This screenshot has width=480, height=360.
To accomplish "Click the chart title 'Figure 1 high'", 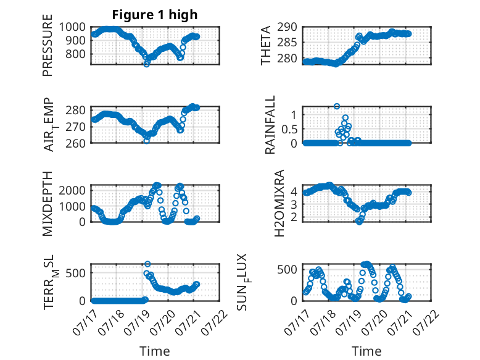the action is point(155,15).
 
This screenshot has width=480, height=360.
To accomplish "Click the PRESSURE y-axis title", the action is point(48,45).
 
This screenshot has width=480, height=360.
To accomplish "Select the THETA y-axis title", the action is point(266,45).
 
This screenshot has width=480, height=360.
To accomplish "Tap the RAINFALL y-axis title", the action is point(270,125).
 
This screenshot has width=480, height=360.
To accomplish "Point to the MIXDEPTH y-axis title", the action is point(48,204).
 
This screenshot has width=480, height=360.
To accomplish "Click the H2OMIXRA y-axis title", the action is point(279,203).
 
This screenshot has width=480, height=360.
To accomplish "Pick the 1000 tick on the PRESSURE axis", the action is point(72,27).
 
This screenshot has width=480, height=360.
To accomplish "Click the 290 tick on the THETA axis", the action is point(287,27).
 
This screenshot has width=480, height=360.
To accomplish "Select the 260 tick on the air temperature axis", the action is point(75,143).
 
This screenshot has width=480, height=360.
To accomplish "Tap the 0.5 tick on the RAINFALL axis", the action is point(289,129).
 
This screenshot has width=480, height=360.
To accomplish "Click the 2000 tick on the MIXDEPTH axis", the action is point(72,190).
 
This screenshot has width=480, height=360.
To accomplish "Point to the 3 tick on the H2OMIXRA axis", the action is point(294,204).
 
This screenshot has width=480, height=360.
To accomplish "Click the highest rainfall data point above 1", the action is point(337,106).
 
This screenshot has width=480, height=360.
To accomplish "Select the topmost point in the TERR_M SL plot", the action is point(147,264).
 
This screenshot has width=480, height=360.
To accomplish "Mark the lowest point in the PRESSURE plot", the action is point(147,64).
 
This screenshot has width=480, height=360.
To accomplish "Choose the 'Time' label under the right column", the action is point(366,351).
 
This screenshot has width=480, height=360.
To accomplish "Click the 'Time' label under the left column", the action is point(155,351).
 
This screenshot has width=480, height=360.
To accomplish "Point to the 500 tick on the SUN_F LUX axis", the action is point(287,270).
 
